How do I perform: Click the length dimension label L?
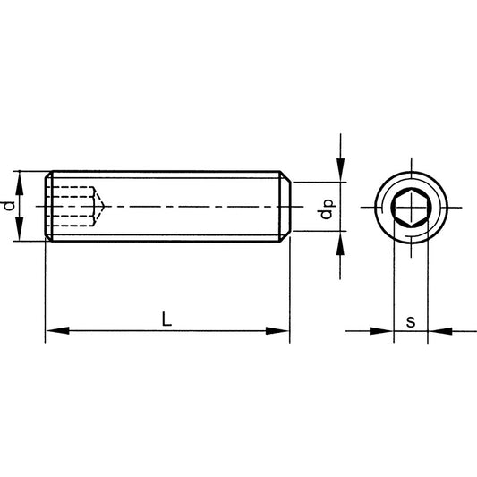[x=166, y=318]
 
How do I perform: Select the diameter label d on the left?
[x=10, y=207]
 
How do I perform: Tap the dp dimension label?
[x=328, y=209]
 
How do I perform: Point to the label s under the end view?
[x=410, y=320]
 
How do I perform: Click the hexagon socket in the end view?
[x=410, y=208]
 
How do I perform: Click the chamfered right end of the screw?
[x=285, y=207]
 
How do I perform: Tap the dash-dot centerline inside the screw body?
[x=197, y=207]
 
